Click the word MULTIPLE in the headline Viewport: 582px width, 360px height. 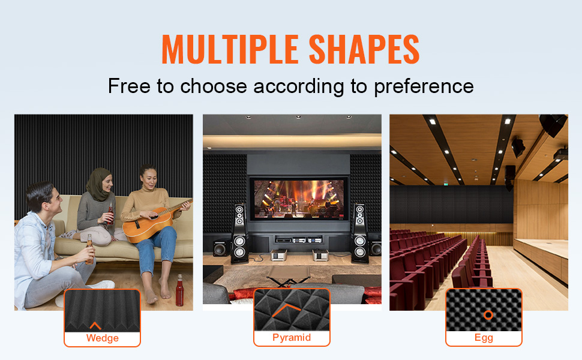pyautogui.click(x=230, y=49)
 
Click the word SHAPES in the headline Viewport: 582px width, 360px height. pyautogui.click(x=364, y=49)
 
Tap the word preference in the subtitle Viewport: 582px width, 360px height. pyautogui.click(x=424, y=87)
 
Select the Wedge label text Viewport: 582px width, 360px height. pyautogui.click(x=103, y=338)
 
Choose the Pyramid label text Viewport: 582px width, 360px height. pyautogui.click(x=292, y=337)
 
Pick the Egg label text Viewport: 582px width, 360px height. pyautogui.click(x=484, y=338)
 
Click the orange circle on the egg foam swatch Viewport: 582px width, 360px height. pyautogui.click(x=488, y=315)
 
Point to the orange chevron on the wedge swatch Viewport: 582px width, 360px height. pyautogui.click(x=95, y=325)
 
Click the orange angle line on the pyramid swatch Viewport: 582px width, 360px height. pyautogui.click(x=286, y=310)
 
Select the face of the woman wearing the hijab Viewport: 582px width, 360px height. pyautogui.click(x=107, y=184)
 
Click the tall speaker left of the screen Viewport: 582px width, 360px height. pyautogui.click(x=240, y=234)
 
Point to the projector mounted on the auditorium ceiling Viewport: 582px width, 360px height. pyautogui.click(x=561, y=154)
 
